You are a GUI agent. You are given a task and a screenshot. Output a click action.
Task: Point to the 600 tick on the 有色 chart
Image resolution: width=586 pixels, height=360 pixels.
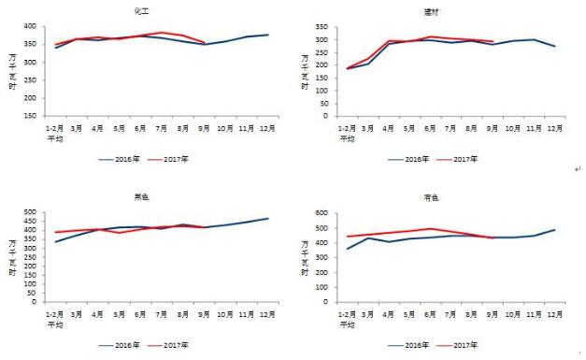coord(320,213)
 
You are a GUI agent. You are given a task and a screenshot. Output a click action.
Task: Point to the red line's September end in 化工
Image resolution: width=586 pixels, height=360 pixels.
coord(204,42)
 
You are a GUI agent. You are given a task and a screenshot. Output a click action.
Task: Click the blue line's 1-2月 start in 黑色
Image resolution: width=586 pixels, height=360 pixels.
coord(55,242)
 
